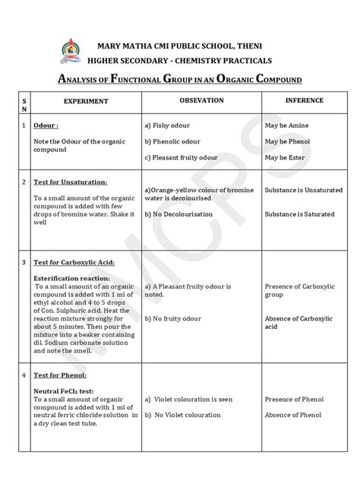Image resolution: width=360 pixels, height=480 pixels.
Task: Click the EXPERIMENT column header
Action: [x=86, y=101]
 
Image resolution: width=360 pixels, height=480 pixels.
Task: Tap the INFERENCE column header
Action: [x=304, y=100]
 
